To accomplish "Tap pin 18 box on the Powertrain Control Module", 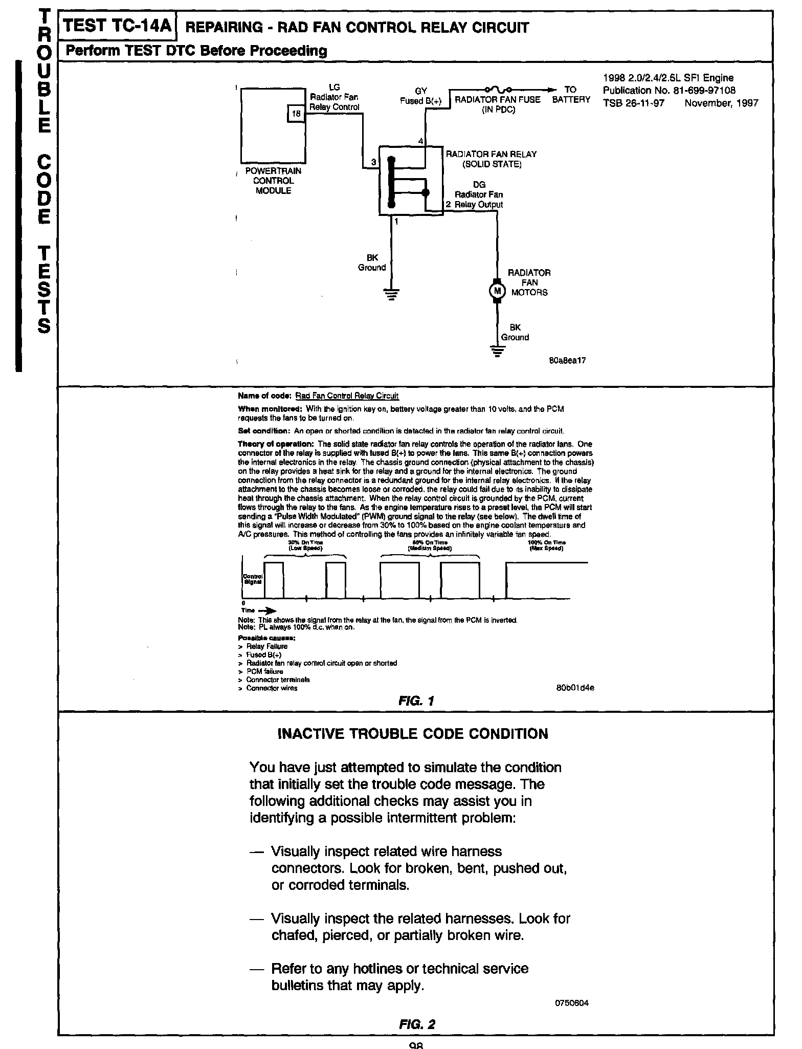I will click(x=296, y=114).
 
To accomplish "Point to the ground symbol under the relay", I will click(x=392, y=295).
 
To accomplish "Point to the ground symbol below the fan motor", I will click(x=497, y=351).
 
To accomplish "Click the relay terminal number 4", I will click(x=421, y=141).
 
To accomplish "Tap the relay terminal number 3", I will click(x=373, y=162).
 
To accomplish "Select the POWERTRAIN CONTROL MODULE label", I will click(x=273, y=181).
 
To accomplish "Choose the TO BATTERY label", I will click(x=571, y=95).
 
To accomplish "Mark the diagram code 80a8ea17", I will click(x=567, y=360).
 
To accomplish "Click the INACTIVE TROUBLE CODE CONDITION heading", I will click(x=412, y=734).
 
